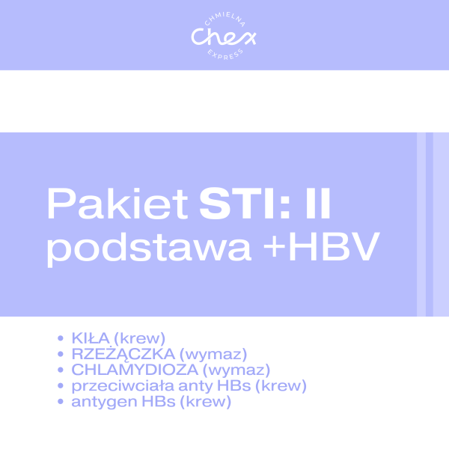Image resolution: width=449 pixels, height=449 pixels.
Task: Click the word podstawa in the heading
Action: tap(147, 248)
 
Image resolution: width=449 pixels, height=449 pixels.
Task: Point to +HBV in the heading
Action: tap(323, 248)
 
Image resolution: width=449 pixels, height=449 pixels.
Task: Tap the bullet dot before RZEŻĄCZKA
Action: tap(61, 353)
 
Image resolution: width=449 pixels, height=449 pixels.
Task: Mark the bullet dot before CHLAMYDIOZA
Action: tap(61, 370)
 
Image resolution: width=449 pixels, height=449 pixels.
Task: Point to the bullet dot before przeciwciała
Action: tap(61, 386)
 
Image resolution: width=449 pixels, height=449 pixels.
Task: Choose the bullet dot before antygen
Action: tap(61, 403)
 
